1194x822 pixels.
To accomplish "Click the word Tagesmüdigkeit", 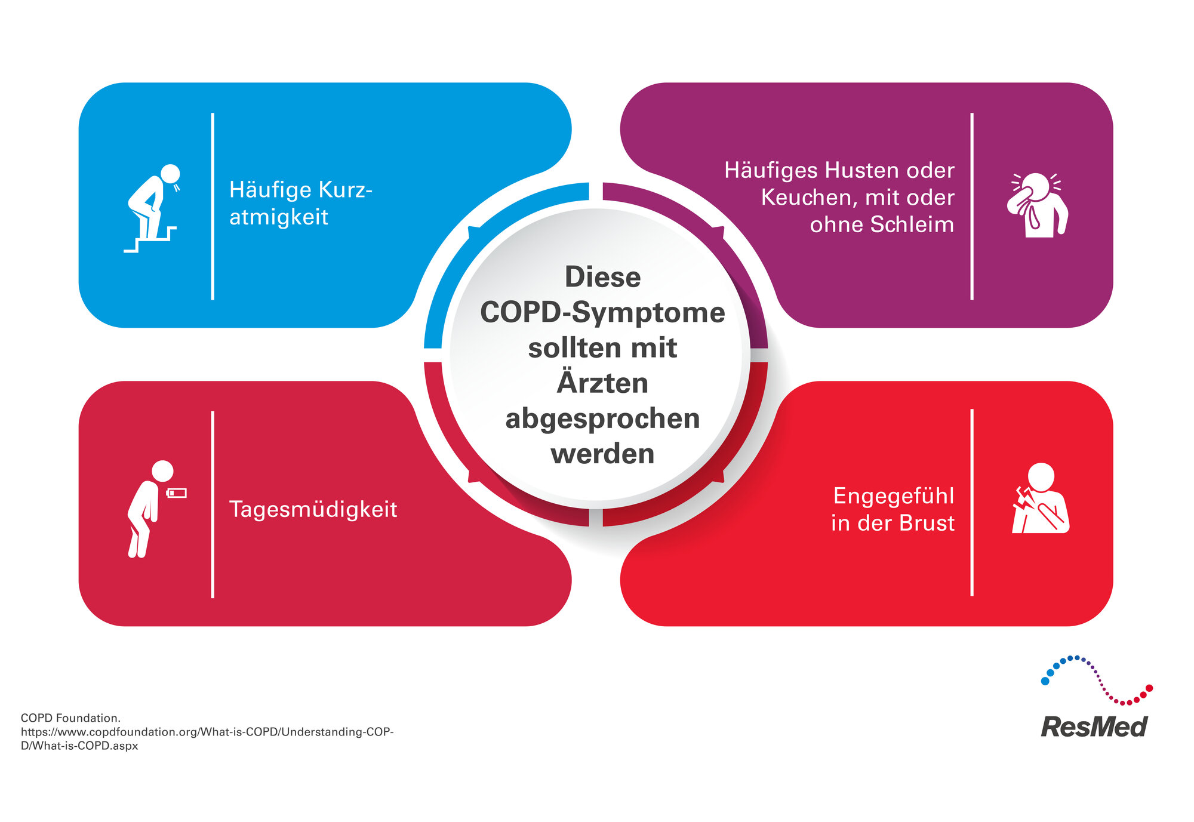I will (x=313, y=509).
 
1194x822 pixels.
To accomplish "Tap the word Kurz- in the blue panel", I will (x=346, y=190).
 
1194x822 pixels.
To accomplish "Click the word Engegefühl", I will (x=893, y=496).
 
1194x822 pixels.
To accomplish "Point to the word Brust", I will (x=927, y=523).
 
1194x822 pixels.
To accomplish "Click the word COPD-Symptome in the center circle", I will (x=602, y=312).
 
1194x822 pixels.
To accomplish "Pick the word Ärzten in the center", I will (x=602, y=383).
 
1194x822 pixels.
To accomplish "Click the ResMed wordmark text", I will (x=1094, y=726).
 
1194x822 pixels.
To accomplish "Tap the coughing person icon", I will (x=1038, y=205).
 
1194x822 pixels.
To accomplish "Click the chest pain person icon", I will (x=1040, y=498).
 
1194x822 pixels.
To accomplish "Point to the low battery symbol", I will (x=177, y=493).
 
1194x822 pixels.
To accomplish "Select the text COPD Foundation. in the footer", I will (x=70, y=718).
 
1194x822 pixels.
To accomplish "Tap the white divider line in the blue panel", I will (x=213, y=206).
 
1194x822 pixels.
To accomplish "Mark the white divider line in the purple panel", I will (x=972, y=206).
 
